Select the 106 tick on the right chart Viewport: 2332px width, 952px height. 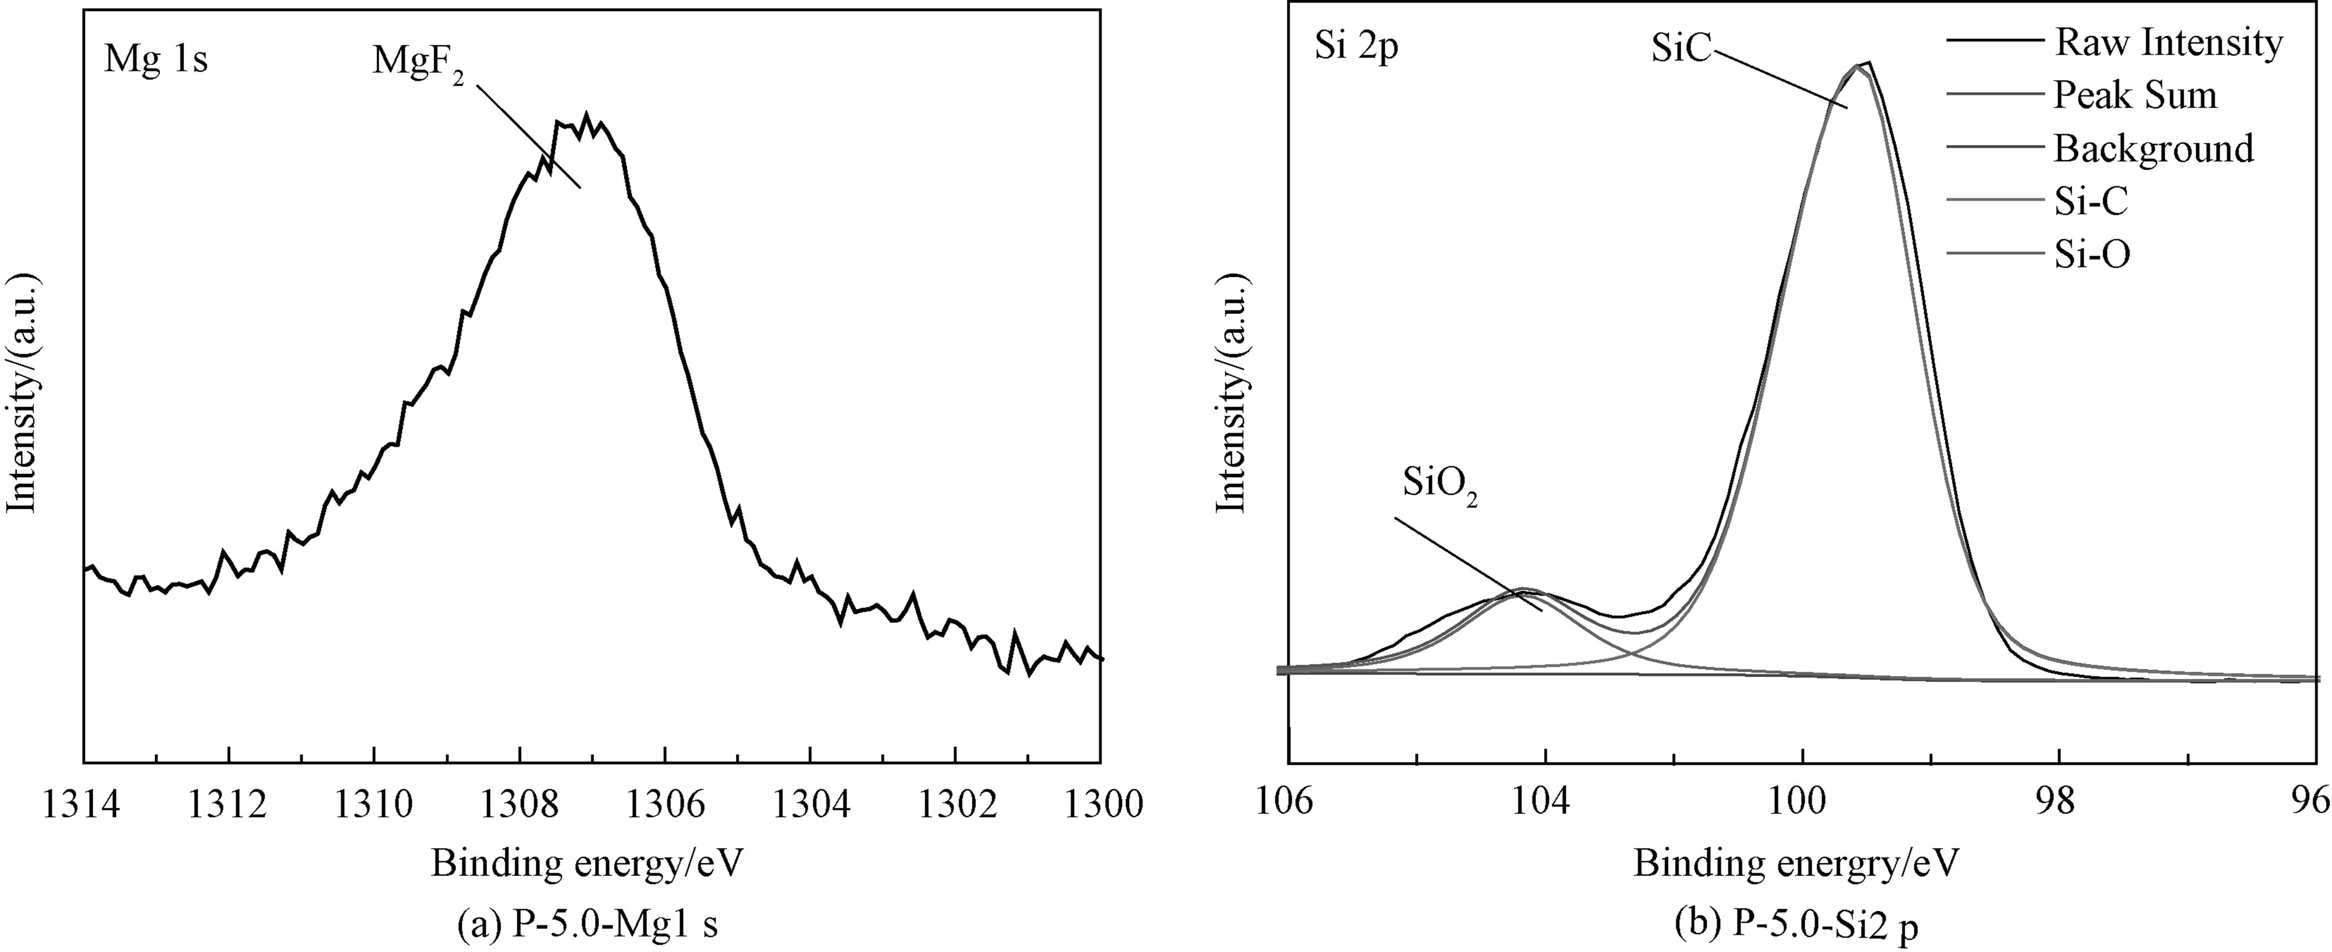point(1287,803)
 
